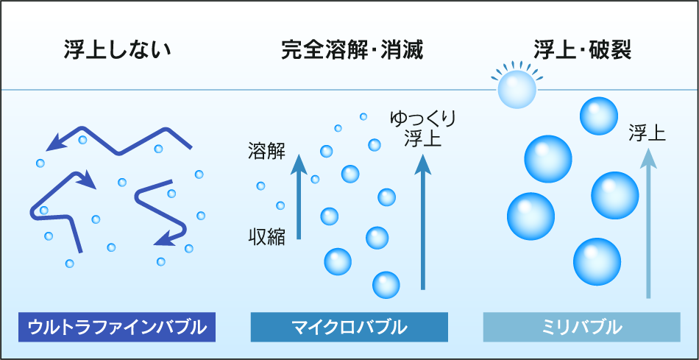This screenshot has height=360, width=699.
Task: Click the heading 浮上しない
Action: point(117,51)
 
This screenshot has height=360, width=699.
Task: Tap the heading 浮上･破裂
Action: point(583,51)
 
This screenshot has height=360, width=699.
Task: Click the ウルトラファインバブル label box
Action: point(117,327)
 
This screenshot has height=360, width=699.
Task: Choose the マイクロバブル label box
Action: point(349,327)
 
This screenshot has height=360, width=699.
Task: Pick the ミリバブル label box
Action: point(582,327)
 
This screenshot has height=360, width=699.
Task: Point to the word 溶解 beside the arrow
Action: point(266,152)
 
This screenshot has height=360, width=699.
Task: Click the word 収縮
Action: point(266,236)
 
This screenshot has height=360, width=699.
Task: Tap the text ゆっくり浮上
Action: point(422,130)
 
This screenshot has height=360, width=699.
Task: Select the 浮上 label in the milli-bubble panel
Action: point(647,133)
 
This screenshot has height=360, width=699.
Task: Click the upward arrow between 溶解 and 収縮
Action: point(299,196)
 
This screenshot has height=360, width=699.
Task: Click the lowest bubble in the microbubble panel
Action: point(386,285)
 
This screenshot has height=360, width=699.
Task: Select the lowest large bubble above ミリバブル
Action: point(597,262)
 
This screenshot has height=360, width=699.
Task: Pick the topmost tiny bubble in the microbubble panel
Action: point(363,116)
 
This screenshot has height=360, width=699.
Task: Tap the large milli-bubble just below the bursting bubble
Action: point(599,116)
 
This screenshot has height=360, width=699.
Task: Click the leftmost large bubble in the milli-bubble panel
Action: point(531,216)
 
